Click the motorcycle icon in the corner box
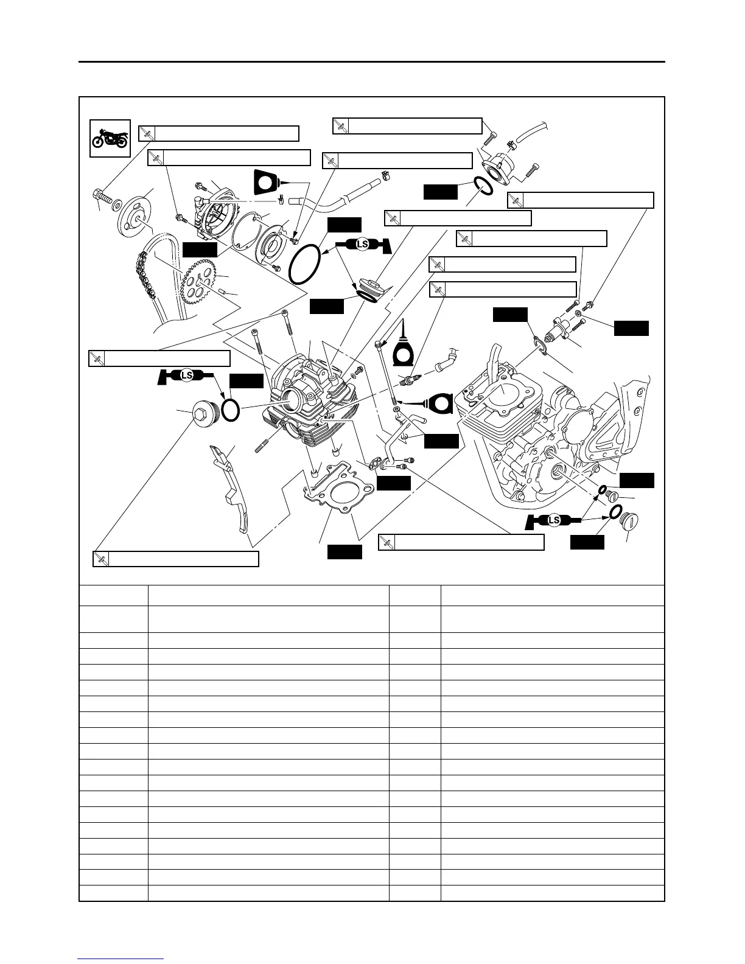coord(110,139)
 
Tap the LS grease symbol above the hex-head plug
coord(187,375)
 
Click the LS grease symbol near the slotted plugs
coord(553,520)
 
